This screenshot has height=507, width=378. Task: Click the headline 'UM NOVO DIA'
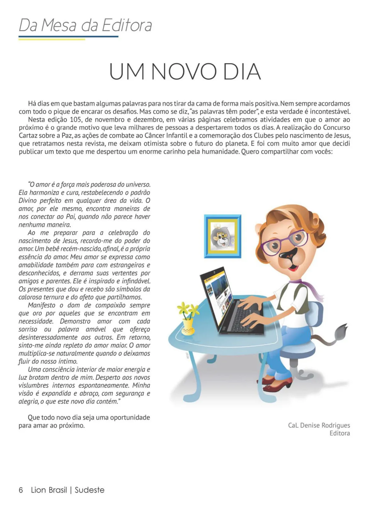click(x=185, y=72)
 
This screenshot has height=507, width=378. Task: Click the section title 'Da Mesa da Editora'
click(x=85, y=25)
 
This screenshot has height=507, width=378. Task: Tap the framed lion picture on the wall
click(x=223, y=236)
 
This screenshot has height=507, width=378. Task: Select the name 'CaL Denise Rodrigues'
click(x=319, y=425)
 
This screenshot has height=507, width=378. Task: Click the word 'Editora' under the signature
click(x=340, y=433)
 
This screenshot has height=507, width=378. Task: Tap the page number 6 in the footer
click(x=21, y=490)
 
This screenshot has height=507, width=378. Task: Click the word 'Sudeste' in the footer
click(x=89, y=490)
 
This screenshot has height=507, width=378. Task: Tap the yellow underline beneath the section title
click(x=52, y=40)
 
